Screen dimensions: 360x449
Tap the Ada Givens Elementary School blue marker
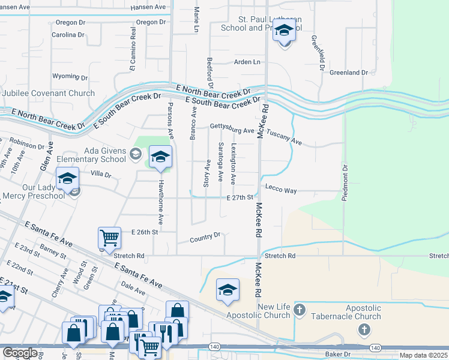pyautogui.click(x=160, y=158)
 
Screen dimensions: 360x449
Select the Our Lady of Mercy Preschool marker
pyautogui.click(x=67, y=179)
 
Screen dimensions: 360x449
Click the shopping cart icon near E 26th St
pyautogui.click(x=109, y=238)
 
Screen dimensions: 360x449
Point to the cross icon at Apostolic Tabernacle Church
pyautogui.click(x=363, y=329)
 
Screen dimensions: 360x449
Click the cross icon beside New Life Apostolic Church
pyautogui.click(x=301, y=310)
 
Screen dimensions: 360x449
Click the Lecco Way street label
pyautogui.click(x=282, y=190)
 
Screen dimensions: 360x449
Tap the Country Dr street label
pyautogui.click(x=205, y=238)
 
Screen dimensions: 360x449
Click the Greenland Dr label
pyautogui.click(x=349, y=72)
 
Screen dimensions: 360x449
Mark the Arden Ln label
pyautogui.click(x=249, y=62)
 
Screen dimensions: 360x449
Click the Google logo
pyautogui.click(x=20, y=353)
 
